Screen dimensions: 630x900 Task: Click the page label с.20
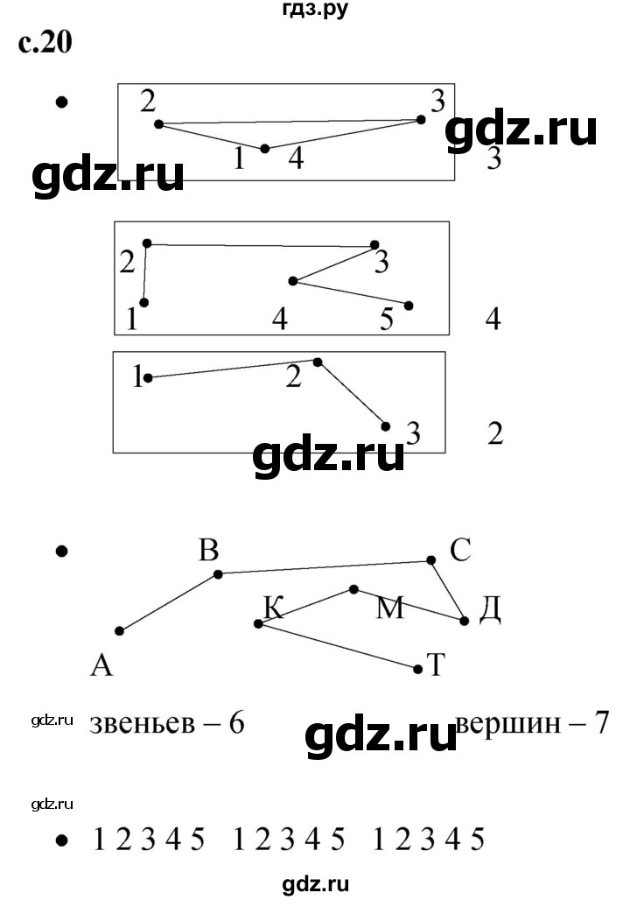point(45,43)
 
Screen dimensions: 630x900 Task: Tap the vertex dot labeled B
point(218,574)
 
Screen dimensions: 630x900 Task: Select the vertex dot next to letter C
point(430,560)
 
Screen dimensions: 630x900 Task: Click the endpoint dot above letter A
point(119,631)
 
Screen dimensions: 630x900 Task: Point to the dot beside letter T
point(417,669)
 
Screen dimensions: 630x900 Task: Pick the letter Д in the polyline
point(489,609)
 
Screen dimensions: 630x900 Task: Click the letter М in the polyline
point(390,608)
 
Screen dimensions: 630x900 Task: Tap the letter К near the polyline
point(274,608)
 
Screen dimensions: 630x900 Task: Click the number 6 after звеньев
point(236,724)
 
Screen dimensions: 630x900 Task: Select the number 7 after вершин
point(601,723)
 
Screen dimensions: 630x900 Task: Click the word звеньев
point(143,726)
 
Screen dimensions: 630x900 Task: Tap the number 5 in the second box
point(387,320)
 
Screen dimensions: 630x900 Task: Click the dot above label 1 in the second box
point(144,303)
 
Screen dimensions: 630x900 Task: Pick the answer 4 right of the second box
point(493,320)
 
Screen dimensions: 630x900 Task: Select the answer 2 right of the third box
point(496,433)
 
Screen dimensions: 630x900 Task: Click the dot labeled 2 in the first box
point(159,124)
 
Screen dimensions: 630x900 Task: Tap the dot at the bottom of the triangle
point(264,149)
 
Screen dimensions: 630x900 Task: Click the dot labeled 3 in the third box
point(386,426)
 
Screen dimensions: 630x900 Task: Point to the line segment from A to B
point(169,602)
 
